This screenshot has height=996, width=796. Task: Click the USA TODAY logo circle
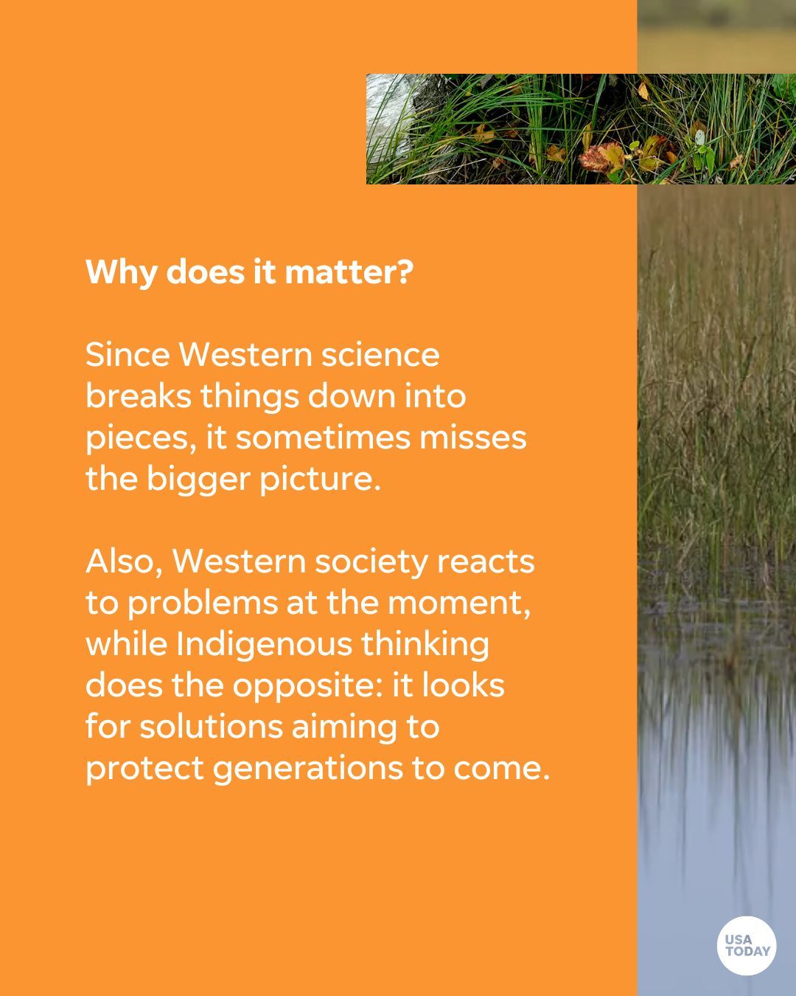tap(747, 945)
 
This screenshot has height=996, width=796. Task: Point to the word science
tap(380, 355)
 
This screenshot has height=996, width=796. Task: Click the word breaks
tap(139, 396)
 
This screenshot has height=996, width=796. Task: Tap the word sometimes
tap(323, 438)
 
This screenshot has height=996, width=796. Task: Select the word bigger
tap(198, 480)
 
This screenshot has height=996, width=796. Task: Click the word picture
tap(320, 480)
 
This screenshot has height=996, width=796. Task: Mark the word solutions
tap(211, 727)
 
